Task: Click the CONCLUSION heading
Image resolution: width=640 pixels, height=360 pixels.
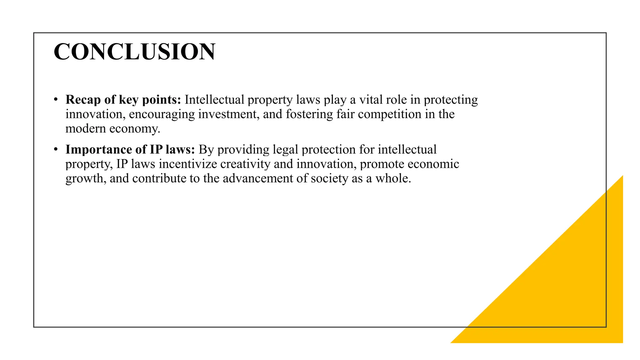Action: tap(134, 52)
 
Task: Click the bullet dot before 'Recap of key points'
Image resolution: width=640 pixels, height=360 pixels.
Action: tap(56, 100)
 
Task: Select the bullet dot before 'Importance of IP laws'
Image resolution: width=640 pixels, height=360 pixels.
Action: tap(56, 149)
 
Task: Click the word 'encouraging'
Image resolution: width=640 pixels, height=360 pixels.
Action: tap(162, 114)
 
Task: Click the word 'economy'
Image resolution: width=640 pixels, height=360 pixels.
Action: tap(134, 129)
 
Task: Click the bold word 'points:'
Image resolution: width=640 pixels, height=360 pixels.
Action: tap(162, 100)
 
